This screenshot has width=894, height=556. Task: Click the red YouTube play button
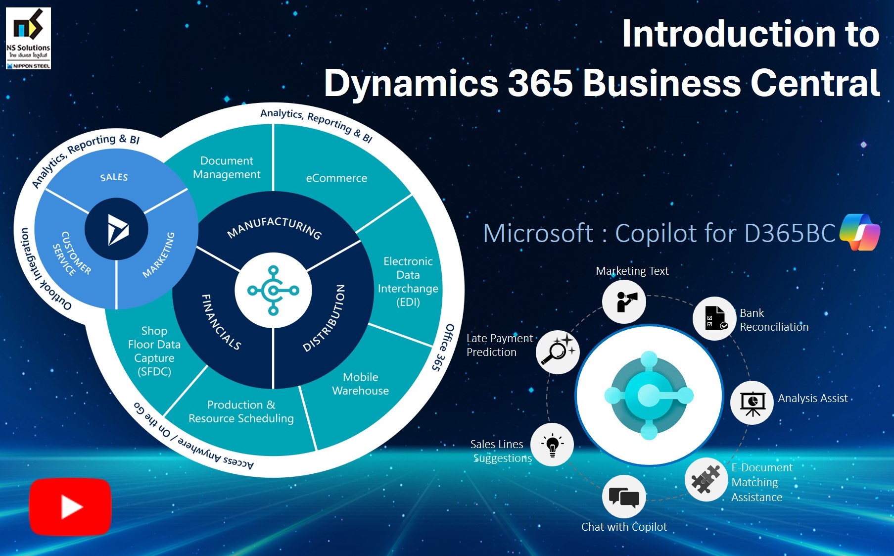[x=70, y=506]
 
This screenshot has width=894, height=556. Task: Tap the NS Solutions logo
[x=28, y=38]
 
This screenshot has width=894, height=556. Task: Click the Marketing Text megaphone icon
[x=624, y=302]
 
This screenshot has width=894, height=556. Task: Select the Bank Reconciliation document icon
[x=714, y=318]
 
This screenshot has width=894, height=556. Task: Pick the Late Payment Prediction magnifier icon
[x=558, y=352]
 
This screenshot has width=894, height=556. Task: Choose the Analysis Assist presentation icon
[x=752, y=403]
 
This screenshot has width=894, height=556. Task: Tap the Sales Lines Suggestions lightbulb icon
[x=552, y=445]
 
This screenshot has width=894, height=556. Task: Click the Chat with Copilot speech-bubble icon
[x=624, y=497]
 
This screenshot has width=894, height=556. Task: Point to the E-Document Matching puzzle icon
[x=706, y=479]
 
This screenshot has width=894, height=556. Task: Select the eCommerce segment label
[x=336, y=178]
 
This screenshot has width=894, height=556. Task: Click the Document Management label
[x=227, y=167]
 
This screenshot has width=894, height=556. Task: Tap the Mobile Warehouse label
[x=360, y=384]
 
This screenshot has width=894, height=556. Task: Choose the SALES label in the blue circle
[x=114, y=177]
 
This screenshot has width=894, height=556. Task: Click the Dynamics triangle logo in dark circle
[x=117, y=230]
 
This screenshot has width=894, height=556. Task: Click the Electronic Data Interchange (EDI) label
[x=408, y=282]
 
